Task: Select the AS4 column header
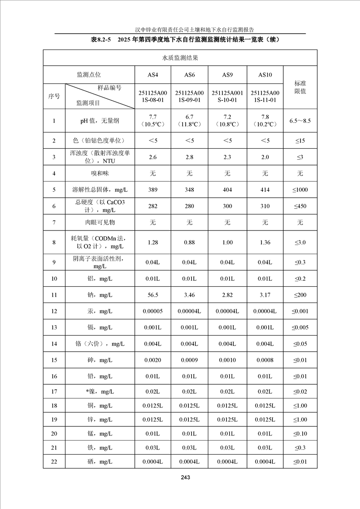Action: point(153,75)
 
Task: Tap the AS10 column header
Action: point(265,75)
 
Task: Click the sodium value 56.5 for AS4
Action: point(153,295)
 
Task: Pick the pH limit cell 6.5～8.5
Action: point(300,121)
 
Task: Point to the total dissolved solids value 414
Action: point(265,190)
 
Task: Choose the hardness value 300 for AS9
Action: point(227,206)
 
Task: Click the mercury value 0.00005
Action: point(153,311)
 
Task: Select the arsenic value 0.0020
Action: point(153,360)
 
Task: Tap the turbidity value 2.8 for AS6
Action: point(189,157)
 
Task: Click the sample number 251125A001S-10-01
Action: point(227,96)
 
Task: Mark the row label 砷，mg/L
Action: point(100,360)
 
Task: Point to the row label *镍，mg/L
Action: point(100,392)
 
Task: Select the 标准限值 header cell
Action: point(300,87)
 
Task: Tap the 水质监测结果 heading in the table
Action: point(180,58)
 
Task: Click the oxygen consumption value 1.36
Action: point(265,242)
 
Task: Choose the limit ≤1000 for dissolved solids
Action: point(300,190)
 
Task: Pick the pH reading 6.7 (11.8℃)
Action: point(189,121)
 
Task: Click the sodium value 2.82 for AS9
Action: point(227,295)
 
